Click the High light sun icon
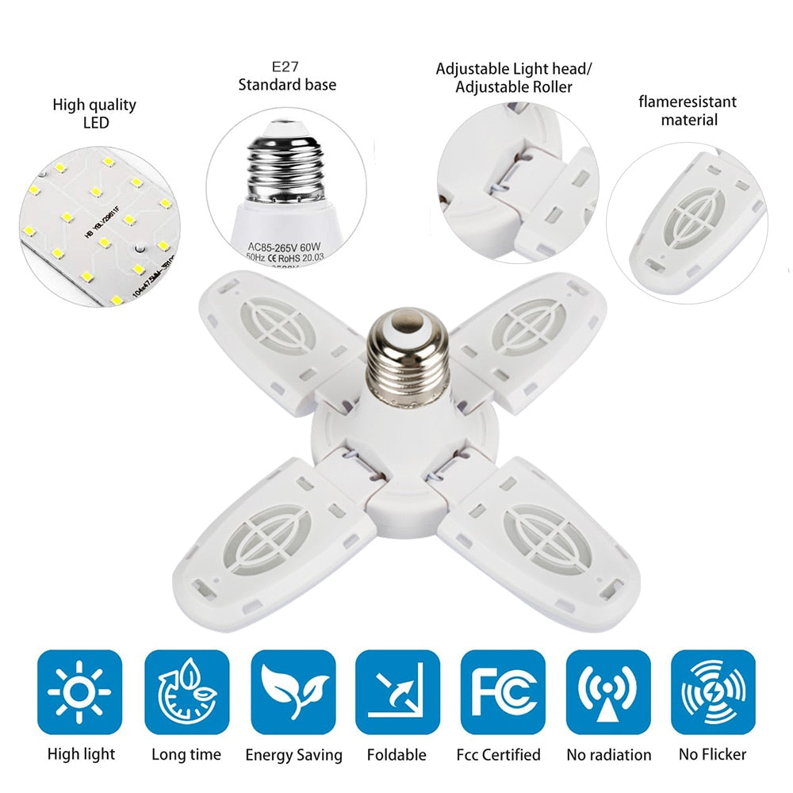pyautogui.click(x=80, y=691)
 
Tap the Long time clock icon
pyautogui.click(x=186, y=691)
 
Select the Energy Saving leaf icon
pyautogui.click(x=292, y=691)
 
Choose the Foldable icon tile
pyautogui.click(x=397, y=691)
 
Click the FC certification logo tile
pyautogui.click(x=503, y=691)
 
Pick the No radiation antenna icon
pyautogui.click(x=608, y=691)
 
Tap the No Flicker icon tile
pyautogui.click(x=713, y=691)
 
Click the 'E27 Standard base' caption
pyautogui.click(x=287, y=76)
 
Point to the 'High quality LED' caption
pyautogui.click(x=94, y=113)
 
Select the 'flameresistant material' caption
pyautogui.click(x=688, y=110)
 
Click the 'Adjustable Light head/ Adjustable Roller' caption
pyautogui.click(x=514, y=78)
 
